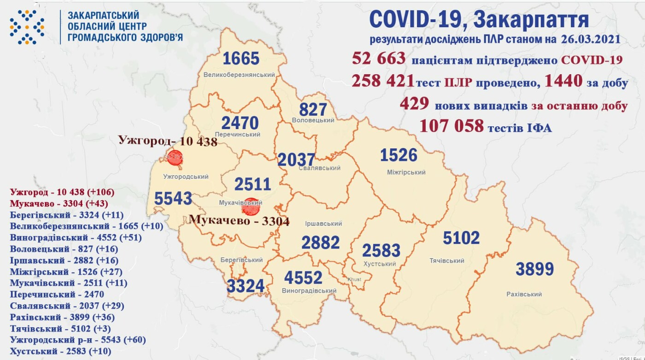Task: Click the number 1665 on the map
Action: coord(241,59)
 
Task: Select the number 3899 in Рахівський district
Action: coord(534,269)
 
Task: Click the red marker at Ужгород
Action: coord(175,158)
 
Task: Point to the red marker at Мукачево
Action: coord(251,207)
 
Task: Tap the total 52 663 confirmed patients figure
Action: coord(379,59)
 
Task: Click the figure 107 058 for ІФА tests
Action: coord(451,125)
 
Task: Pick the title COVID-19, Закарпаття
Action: coord(479,19)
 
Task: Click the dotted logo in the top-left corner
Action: coord(27,27)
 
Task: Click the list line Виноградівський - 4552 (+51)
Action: coord(76,238)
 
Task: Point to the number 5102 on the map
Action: coord(461,238)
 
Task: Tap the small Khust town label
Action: coord(355,279)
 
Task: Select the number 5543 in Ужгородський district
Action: coord(173,199)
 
